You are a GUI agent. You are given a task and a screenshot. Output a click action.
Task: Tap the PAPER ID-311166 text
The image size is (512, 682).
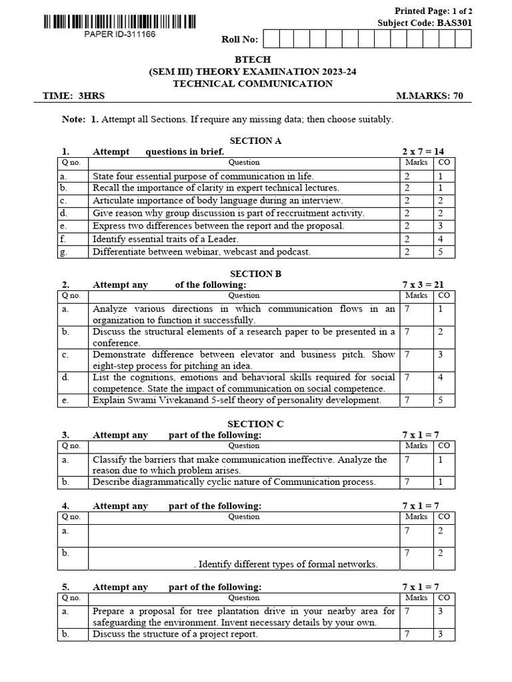click(120, 35)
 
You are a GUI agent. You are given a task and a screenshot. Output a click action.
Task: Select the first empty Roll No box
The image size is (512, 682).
click(271, 39)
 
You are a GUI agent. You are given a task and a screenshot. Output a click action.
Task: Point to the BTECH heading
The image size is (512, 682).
click(253, 60)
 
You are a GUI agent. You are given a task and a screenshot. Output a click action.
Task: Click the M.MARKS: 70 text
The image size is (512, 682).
click(429, 96)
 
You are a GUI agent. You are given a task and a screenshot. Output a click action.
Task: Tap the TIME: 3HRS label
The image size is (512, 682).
click(73, 96)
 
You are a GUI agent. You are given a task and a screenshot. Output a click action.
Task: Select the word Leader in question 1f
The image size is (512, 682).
click(223, 238)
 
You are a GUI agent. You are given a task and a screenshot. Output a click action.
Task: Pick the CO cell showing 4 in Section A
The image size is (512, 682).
click(441, 238)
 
